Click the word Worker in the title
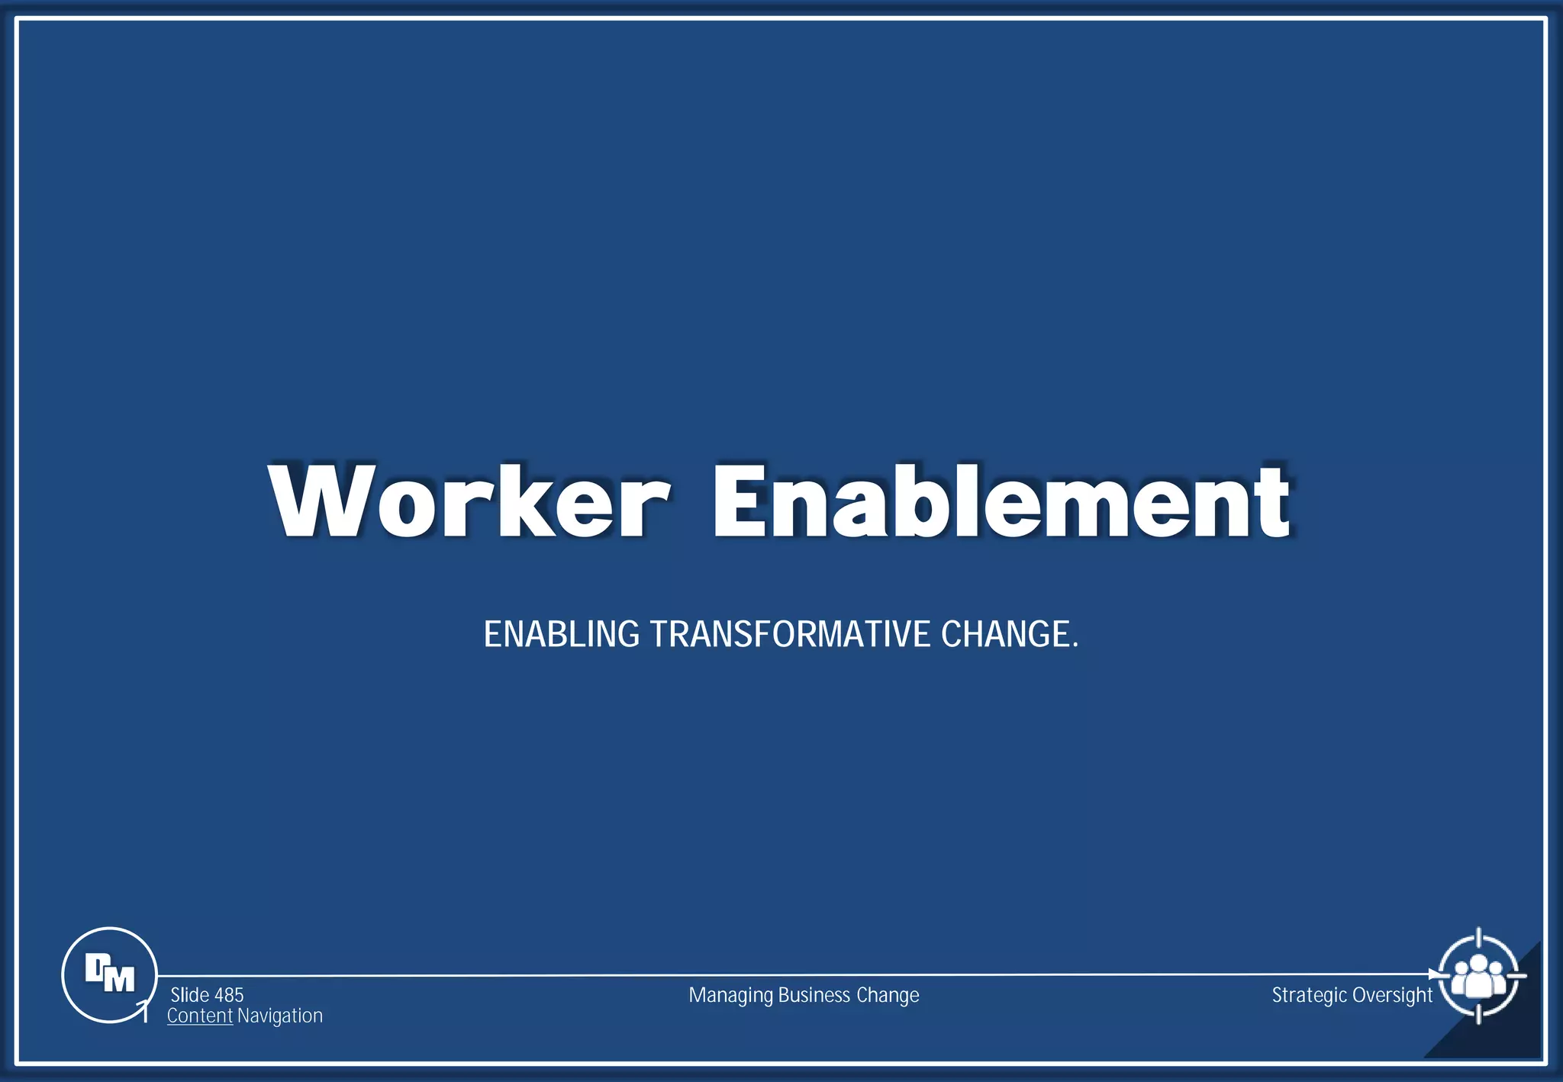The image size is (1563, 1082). click(468, 501)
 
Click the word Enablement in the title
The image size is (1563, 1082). click(1001, 501)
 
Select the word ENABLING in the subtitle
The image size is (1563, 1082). click(561, 635)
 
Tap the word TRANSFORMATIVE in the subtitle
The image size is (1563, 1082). click(790, 635)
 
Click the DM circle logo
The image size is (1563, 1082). click(109, 974)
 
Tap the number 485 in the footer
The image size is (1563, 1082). click(229, 995)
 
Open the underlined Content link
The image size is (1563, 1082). click(200, 1016)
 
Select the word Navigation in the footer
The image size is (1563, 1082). click(280, 1016)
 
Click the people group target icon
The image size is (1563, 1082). click(1478, 975)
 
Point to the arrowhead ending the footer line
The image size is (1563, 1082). click(1434, 974)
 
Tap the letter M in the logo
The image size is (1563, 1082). click(119, 979)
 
